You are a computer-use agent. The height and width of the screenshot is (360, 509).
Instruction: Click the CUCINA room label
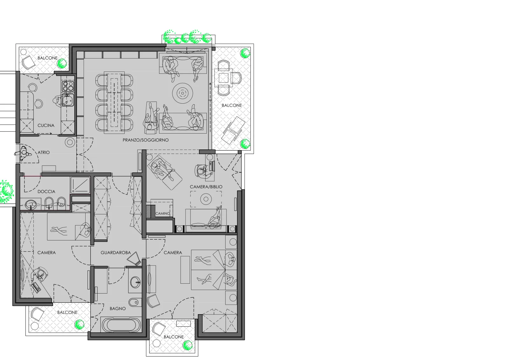[x=46, y=125]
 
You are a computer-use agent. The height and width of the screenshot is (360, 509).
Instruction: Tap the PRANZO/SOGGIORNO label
[x=146, y=140]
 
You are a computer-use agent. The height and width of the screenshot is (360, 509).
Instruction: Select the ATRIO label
[x=44, y=152]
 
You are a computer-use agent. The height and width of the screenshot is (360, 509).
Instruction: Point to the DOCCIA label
[x=46, y=192]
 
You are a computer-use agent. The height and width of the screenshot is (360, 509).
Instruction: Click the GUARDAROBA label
[x=116, y=253]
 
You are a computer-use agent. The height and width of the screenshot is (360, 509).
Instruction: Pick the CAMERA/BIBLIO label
[x=206, y=187]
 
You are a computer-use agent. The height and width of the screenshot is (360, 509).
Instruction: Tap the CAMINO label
[x=163, y=213]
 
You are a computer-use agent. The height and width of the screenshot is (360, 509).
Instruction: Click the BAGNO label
[x=118, y=309]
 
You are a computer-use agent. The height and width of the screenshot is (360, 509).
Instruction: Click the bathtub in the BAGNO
[x=121, y=325]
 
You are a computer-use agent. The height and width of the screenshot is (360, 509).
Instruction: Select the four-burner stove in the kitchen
[x=68, y=86]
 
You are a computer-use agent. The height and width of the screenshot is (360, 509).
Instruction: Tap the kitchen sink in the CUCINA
[x=68, y=100]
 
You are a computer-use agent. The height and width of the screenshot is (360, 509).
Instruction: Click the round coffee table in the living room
[x=183, y=93]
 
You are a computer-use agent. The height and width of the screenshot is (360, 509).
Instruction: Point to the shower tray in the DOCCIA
[x=80, y=185]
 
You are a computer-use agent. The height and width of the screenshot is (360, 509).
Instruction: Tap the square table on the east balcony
[x=224, y=78]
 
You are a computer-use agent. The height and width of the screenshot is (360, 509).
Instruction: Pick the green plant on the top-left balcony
[x=62, y=64]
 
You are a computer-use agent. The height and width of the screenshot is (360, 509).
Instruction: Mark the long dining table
[x=114, y=103]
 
